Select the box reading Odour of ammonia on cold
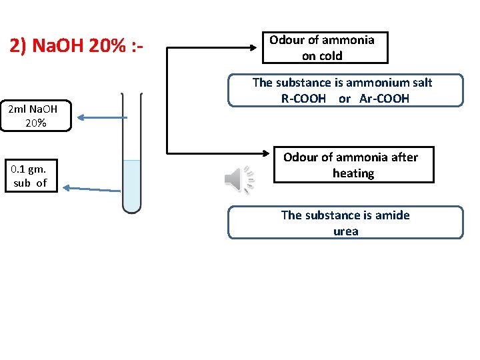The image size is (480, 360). pyautogui.click(x=322, y=48)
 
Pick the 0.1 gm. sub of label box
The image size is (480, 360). pyautogui.click(x=31, y=175)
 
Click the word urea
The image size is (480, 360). pyautogui.click(x=346, y=231)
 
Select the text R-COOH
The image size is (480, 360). pyautogui.click(x=303, y=99)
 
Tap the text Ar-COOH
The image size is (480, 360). pyautogui.click(x=384, y=99)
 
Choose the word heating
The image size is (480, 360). pyautogui.click(x=353, y=173)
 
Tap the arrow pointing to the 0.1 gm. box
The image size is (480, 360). pyautogui.click(x=70, y=189)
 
